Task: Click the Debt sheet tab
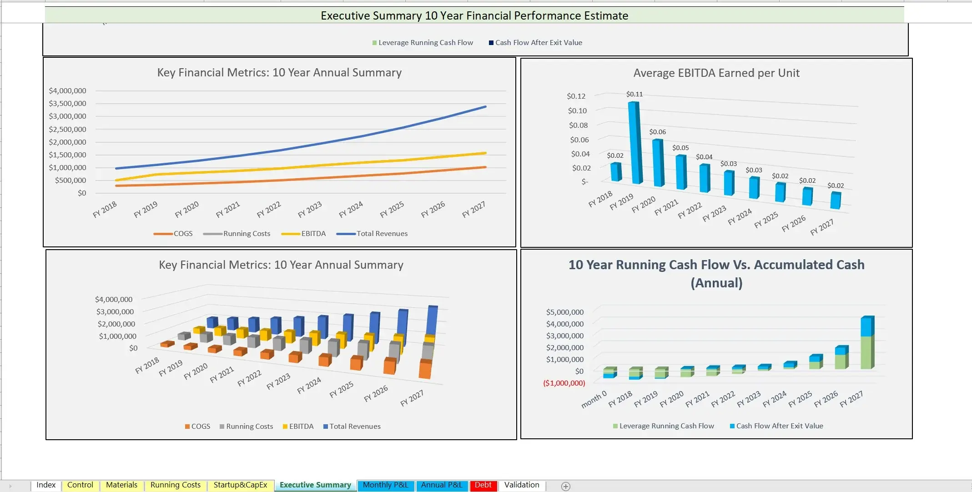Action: (483, 485)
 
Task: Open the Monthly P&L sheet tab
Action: (385, 485)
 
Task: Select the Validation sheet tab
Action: (521, 485)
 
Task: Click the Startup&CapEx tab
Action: (240, 485)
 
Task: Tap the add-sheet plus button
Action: (565, 487)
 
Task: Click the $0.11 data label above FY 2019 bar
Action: (634, 94)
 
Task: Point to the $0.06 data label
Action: (657, 132)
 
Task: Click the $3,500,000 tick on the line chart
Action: (67, 104)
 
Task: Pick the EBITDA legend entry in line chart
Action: (313, 234)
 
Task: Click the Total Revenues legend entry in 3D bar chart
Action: (354, 427)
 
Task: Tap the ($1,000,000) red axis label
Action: (564, 383)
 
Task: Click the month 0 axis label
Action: (594, 399)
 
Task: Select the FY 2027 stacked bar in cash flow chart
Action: (867, 343)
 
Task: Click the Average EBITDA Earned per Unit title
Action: (716, 73)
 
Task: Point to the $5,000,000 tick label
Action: (564, 312)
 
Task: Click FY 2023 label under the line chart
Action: (310, 209)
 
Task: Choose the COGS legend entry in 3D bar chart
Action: (200, 427)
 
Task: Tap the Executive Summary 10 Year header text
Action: (474, 15)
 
